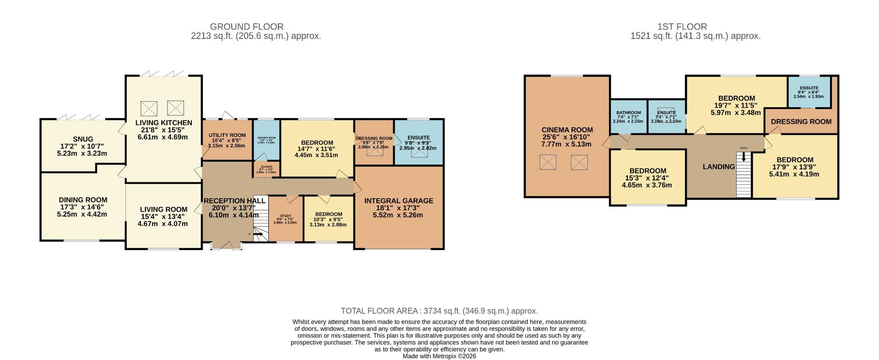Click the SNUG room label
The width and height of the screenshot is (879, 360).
(83, 139)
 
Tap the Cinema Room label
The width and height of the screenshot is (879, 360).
(567, 130)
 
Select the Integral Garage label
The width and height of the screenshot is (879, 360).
(398, 201)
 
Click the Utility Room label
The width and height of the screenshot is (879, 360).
(227, 135)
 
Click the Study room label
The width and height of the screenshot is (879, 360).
(285, 216)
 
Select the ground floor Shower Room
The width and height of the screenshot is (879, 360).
(266, 137)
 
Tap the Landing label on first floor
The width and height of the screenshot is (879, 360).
(718, 167)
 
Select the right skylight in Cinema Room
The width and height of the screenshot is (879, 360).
(579, 162)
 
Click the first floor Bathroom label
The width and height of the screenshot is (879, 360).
(628, 113)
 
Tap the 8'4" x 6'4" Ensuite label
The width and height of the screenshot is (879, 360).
(809, 88)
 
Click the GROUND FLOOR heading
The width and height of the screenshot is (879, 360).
(246, 27)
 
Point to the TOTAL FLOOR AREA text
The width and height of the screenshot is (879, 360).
(439, 311)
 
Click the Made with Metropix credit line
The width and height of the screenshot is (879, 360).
(439, 356)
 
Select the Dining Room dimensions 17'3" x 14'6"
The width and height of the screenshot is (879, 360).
(82, 207)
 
